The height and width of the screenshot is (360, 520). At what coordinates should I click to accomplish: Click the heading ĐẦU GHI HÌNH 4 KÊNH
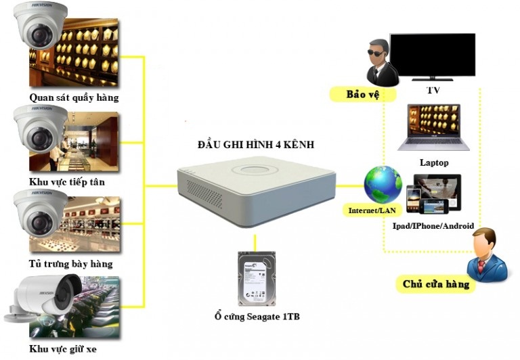(x=256, y=145)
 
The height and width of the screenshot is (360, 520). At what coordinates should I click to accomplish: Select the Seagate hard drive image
(x=257, y=278)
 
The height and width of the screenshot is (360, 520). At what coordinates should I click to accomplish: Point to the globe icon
(x=382, y=183)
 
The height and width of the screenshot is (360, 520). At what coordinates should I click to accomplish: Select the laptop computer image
(x=433, y=128)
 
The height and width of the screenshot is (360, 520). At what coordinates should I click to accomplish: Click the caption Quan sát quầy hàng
(x=74, y=97)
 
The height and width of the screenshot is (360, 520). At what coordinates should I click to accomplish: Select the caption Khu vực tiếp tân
(x=67, y=182)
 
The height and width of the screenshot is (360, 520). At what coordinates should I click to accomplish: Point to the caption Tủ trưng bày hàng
(x=71, y=263)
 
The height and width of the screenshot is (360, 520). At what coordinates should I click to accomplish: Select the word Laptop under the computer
(x=433, y=162)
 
